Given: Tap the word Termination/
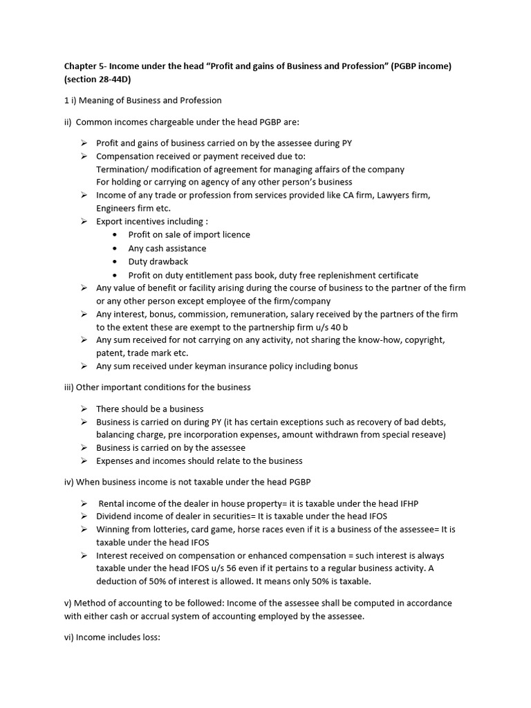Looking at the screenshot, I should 124,169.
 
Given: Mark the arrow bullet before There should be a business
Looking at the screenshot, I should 83,409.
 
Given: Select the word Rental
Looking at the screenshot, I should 113,504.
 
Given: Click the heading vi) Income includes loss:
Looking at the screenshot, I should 112,637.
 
